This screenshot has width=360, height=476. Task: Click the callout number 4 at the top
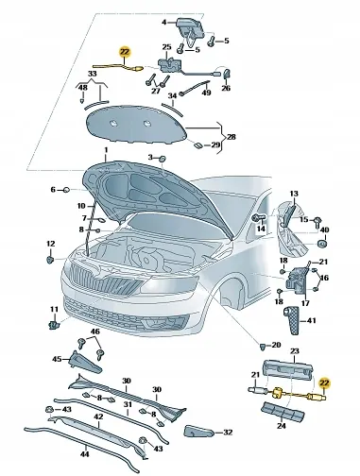click(x=163, y=22)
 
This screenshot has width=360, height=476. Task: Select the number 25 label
click(x=167, y=47)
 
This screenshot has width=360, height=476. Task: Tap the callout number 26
click(x=226, y=89)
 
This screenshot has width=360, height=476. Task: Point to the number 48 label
click(x=83, y=87)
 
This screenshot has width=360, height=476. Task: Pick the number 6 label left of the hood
click(x=52, y=190)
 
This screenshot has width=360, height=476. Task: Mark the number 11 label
click(x=53, y=310)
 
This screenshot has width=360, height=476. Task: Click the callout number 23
click(x=293, y=351)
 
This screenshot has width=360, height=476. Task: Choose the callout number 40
click(x=324, y=230)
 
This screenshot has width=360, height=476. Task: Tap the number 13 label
click(x=293, y=192)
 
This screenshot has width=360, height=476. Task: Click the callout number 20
click(x=276, y=345)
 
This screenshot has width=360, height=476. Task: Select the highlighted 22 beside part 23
click(x=326, y=382)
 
